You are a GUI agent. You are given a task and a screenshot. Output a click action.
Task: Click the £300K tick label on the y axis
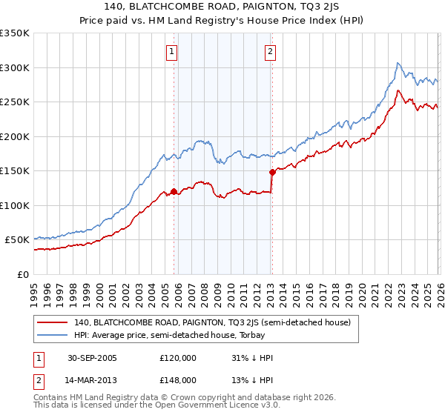pyautogui.click(x=15, y=67)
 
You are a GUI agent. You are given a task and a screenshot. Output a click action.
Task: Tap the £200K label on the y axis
pyautogui.click(x=15, y=136)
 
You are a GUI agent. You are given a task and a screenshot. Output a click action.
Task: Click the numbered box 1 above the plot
pyautogui.click(x=172, y=51)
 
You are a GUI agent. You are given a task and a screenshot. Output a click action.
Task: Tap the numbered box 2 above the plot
pyautogui.click(x=269, y=51)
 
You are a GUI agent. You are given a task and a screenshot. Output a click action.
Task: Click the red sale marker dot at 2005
pyautogui.click(x=174, y=191)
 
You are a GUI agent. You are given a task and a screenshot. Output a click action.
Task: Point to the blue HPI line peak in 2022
pyautogui.click(x=398, y=63)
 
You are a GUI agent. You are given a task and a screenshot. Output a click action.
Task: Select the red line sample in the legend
pyautogui.click(x=53, y=322)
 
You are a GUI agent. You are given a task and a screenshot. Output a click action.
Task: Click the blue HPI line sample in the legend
pyautogui.click(x=53, y=335)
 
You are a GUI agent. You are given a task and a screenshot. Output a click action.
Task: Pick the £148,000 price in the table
pyautogui.click(x=177, y=379)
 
